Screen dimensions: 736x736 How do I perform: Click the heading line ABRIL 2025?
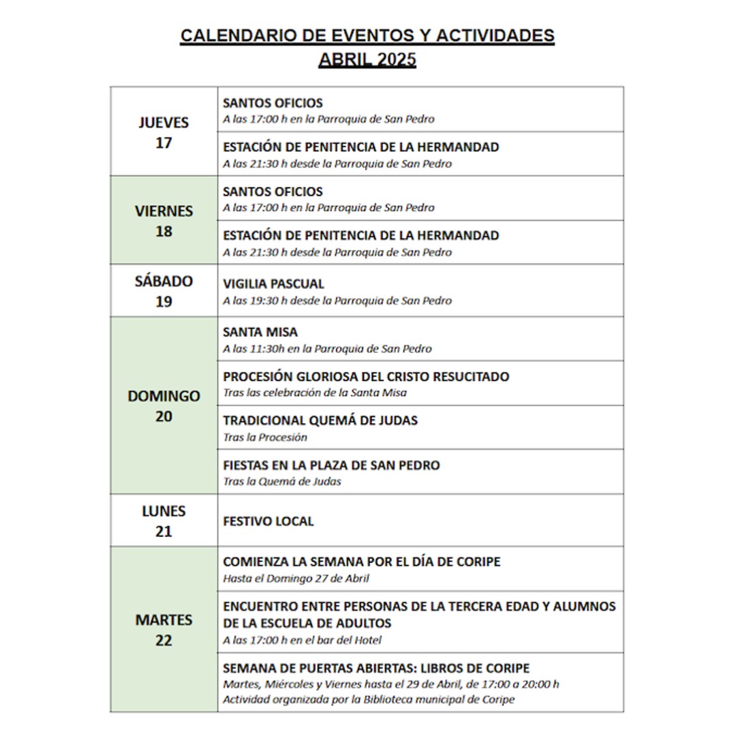click(x=367, y=60)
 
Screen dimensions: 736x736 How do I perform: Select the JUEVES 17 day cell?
click(x=164, y=132)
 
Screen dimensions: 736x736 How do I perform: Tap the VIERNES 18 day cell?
click(x=164, y=221)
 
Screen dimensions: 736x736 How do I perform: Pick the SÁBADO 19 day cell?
click(x=164, y=291)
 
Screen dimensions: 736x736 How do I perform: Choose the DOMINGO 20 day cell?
click(x=164, y=405)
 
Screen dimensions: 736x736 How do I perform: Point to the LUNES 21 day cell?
click(x=164, y=521)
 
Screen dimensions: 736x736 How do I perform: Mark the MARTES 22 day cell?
click(x=164, y=630)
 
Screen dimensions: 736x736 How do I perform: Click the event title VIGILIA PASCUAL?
click(x=273, y=284)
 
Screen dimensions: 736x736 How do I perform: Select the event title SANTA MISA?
click(x=260, y=333)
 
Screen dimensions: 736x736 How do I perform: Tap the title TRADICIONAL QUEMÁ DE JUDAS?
click(x=320, y=420)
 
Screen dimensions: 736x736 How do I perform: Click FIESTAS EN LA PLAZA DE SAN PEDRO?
click(x=331, y=465)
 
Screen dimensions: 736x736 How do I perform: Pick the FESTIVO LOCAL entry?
click(x=269, y=521)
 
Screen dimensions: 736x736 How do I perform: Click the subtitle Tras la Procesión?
click(x=265, y=438)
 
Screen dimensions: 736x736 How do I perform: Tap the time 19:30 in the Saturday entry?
click(x=270, y=301)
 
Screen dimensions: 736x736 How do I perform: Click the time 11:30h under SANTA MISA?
click(x=271, y=349)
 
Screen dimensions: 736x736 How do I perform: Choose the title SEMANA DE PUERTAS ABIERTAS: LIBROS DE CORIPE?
click(x=376, y=669)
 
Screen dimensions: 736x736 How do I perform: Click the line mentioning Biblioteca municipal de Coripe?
click(x=369, y=700)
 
